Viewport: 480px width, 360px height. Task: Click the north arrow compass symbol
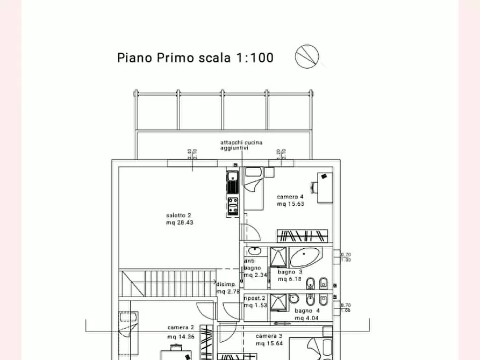point(307,56)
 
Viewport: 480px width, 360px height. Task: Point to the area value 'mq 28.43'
point(180,222)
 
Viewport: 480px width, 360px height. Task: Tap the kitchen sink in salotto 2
point(232,182)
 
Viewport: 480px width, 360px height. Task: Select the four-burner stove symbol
point(233,206)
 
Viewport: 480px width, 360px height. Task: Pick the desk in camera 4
point(325,186)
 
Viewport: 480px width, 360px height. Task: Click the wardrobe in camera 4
point(302,235)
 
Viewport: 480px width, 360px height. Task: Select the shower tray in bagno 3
point(278,256)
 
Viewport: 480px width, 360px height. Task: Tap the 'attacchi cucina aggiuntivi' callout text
point(241,145)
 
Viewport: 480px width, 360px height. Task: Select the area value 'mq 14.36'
point(181,336)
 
